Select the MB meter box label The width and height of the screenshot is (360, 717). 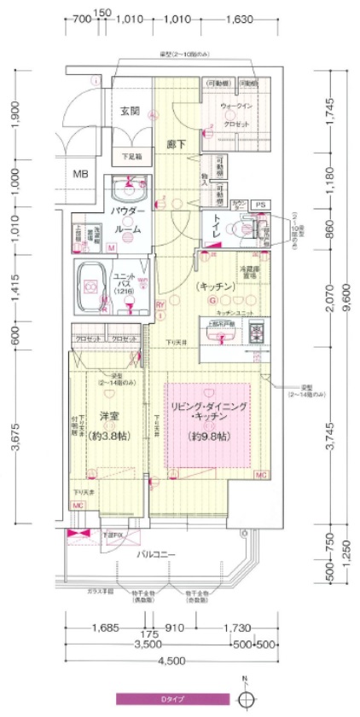click(80, 174)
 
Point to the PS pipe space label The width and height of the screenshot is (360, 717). click(261, 205)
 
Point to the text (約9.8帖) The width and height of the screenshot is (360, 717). click(208, 437)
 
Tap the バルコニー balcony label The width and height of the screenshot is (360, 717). click(157, 555)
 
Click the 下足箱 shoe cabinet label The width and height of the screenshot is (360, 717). click(131, 157)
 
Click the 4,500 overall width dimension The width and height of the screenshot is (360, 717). click(171, 661)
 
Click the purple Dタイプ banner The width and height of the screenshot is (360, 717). click(173, 699)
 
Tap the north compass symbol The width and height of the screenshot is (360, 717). click(247, 699)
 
